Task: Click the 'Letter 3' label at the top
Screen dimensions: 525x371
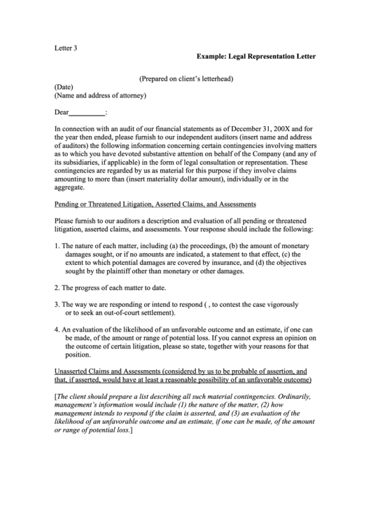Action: coord(66,48)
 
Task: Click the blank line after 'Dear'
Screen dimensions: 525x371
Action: coord(87,112)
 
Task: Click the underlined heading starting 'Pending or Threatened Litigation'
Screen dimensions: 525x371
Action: coord(155,204)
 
